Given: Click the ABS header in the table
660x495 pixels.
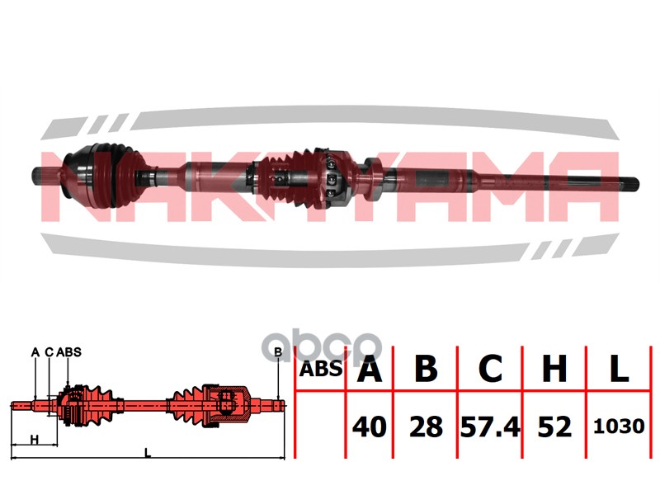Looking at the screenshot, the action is point(321,369).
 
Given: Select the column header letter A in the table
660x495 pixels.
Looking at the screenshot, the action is point(369,369).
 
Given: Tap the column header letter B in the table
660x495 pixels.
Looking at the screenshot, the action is point(426,369).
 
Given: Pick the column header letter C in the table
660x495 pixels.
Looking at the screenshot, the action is point(490,369).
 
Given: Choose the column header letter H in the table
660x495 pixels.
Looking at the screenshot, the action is point(554,369).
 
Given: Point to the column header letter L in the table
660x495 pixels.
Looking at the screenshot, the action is point(619,369).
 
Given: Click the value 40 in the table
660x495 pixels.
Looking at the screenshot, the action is point(369,427).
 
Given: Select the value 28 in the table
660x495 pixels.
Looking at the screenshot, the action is point(426,427).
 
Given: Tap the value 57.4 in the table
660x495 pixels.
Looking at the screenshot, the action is point(490,427).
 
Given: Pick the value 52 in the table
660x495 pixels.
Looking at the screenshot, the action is point(554,427).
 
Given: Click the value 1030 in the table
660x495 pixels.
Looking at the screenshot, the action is point(619,427).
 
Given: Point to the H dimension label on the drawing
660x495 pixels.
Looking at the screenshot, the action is point(35,440).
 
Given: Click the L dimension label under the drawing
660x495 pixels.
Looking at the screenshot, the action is point(148,453).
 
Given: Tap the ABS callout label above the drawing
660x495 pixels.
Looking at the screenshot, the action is point(68,352).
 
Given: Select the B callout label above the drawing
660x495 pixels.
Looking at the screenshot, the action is point(278,352).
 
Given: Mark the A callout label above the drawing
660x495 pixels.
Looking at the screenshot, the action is point(35,352).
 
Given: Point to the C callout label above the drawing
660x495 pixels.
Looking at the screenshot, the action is point(49,352).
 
